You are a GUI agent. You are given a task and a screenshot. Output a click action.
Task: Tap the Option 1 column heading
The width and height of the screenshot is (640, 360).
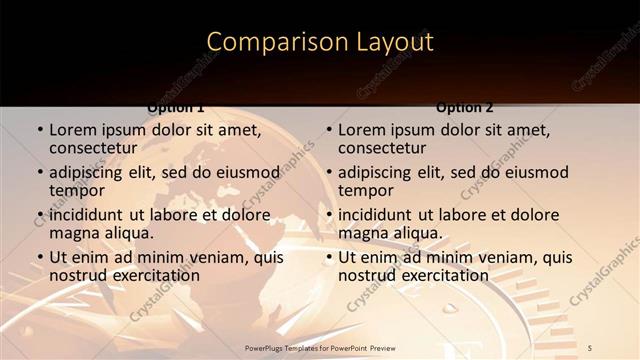(x=176, y=107)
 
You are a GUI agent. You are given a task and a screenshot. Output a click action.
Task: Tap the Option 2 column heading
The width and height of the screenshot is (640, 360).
(x=465, y=107)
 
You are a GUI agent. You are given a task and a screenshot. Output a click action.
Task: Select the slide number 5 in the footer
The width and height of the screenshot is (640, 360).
(x=591, y=347)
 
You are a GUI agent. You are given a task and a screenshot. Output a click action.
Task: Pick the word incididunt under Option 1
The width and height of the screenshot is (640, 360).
(x=87, y=215)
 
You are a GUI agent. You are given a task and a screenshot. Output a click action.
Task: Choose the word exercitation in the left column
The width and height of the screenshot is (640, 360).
(x=152, y=275)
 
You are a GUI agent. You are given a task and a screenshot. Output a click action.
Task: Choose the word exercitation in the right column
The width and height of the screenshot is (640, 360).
(x=441, y=275)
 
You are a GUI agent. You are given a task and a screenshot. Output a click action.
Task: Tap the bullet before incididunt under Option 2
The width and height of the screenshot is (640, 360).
(x=328, y=215)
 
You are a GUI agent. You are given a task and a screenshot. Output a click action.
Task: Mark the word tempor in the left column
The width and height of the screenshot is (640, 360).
(x=76, y=189)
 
